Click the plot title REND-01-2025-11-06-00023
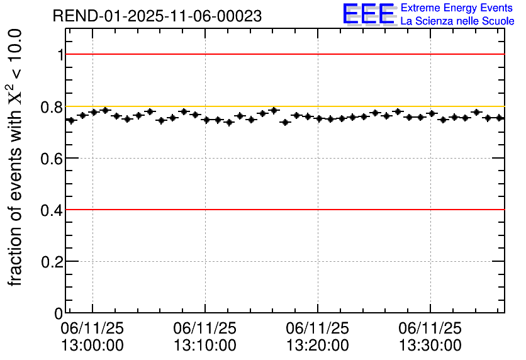(x=157, y=16)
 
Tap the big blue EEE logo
(x=369, y=14)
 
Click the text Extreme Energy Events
(x=457, y=8)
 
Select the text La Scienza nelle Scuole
(x=457, y=21)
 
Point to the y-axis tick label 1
(x=60, y=55)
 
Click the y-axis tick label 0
(x=59, y=313)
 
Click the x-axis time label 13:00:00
(x=92, y=346)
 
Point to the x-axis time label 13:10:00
(x=205, y=346)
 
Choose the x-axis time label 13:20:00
(x=318, y=346)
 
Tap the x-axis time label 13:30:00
(x=430, y=346)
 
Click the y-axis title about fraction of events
(x=17, y=157)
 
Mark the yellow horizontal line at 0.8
(x=283, y=106)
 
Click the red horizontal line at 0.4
(x=283, y=210)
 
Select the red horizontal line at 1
(x=283, y=55)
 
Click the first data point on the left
(x=71, y=120)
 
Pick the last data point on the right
(x=500, y=118)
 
